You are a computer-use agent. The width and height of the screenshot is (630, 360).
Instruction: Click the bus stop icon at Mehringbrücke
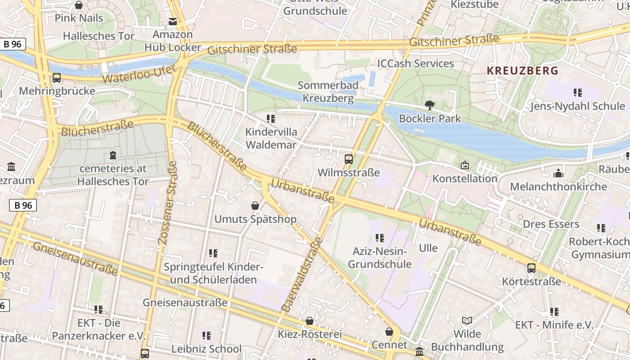[x=57, y=77]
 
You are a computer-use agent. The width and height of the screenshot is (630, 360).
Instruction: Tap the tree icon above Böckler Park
[x=430, y=105]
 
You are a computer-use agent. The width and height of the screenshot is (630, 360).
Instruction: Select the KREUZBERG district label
[x=522, y=71]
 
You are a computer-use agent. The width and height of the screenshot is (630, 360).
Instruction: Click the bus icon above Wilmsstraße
[x=349, y=159]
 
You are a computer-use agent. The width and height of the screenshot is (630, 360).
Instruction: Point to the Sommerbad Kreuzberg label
[x=328, y=91]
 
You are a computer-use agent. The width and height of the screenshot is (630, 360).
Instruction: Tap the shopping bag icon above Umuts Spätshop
[x=255, y=206]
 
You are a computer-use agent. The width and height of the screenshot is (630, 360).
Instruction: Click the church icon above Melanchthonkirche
[x=558, y=173]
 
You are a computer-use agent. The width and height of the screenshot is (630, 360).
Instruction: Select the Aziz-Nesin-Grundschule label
[x=380, y=257]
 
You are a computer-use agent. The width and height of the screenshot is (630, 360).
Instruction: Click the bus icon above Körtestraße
[x=531, y=268]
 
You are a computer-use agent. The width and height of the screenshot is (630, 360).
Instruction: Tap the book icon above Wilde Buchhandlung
[x=467, y=320]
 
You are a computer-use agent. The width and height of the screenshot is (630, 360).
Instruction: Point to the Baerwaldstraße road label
[x=302, y=274]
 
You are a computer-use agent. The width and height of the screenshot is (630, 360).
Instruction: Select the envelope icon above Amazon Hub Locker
[x=172, y=21]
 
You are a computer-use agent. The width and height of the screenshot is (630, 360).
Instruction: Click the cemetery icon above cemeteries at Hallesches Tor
[x=112, y=155]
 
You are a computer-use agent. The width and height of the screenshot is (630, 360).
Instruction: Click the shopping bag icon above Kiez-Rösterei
[x=310, y=321]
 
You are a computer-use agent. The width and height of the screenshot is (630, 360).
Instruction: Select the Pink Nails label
[x=79, y=18]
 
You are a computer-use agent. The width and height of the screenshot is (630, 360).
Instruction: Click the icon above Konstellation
[x=465, y=166]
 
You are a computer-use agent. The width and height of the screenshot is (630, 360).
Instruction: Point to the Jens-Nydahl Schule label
[x=577, y=106]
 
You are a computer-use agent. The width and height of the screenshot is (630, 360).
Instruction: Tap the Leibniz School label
[x=207, y=349]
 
